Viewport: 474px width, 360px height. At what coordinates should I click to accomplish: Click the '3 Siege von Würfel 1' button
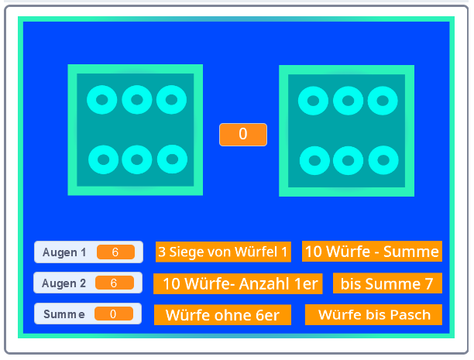click(x=223, y=252)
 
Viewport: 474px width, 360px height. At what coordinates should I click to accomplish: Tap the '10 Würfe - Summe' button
click(x=372, y=251)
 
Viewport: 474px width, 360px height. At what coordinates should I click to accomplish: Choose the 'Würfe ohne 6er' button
click(x=222, y=315)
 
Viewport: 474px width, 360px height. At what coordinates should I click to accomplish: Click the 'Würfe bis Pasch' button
click(x=373, y=314)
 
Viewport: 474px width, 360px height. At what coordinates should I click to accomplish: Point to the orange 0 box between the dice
click(x=243, y=134)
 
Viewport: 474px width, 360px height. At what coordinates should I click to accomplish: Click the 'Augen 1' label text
click(x=64, y=252)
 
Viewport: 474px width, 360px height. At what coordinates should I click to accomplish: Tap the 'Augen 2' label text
click(x=64, y=283)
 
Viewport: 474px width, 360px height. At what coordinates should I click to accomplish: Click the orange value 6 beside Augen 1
click(x=115, y=252)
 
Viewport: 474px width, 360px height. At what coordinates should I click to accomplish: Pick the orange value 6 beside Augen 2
click(x=114, y=283)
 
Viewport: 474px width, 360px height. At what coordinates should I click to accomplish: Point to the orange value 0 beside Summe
click(x=113, y=314)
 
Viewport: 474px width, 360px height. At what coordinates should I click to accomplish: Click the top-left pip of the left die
click(x=102, y=99)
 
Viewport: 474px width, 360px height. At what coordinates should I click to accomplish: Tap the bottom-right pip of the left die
click(x=172, y=159)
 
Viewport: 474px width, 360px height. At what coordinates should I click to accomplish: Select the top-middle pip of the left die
click(x=137, y=99)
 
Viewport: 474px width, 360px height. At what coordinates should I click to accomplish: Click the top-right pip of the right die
click(x=383, y=100)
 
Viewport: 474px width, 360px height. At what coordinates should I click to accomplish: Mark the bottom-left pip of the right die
click(x=314, y=160)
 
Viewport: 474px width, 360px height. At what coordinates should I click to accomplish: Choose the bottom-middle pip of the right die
click(x=349, y=160)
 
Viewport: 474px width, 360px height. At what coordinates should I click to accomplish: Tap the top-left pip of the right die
click(x=314, y=100)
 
